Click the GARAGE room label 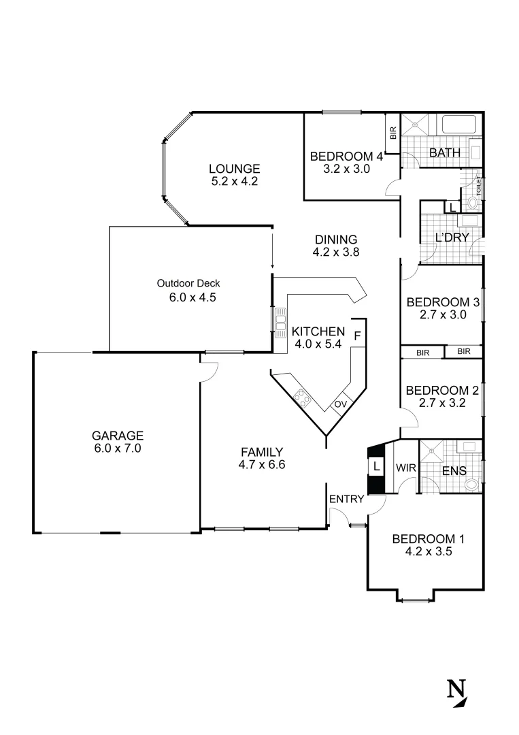[x=118, y=436]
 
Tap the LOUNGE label [x=234, y=169]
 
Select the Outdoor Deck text [x=188, y=283]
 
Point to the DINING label [x=336, y=239]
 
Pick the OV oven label [x=340, y=404]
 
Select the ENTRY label [x=343, y=500]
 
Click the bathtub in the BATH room [x=460, y=125]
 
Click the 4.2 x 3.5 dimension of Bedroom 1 [x=429, y=552]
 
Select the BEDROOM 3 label [x=438, y=302]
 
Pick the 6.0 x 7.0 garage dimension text [x=118, y=448]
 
